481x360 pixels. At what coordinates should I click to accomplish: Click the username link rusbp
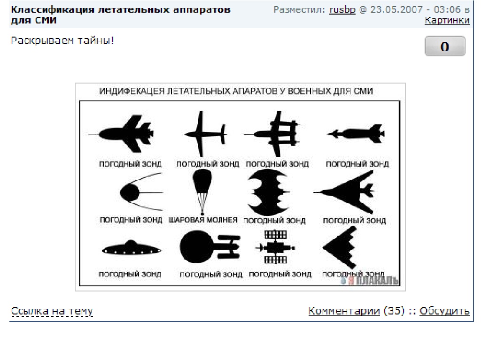point(342,10)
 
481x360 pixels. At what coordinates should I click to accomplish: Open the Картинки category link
point(447,20)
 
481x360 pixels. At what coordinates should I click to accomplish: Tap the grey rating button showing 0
point(445,46)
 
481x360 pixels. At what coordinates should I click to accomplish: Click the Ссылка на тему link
point(52,311)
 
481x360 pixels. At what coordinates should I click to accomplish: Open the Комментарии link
point(344,311)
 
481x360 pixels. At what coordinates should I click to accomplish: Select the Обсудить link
point(444,311)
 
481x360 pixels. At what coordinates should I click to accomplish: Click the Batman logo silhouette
point(268,192)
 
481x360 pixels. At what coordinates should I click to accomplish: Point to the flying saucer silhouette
point(132,248)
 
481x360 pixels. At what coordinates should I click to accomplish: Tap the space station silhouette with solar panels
point(275,247)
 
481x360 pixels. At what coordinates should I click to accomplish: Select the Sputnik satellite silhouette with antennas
point(141,192)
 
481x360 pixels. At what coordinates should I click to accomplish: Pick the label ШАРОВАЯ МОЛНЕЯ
point(203,220)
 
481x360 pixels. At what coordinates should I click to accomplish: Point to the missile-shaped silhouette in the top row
point(356,134)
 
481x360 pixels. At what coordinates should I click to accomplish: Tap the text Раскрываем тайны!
point(62,41)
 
